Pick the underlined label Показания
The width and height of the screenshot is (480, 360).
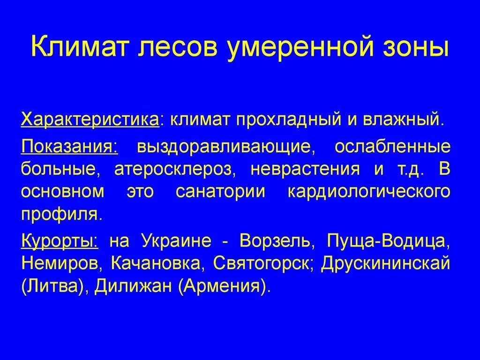[69, 146]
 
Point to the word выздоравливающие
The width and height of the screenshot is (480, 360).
[224, 146]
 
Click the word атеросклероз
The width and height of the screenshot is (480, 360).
[175, 169]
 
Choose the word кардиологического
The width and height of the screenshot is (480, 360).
[367, 192]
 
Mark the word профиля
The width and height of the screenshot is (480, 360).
[60, 215]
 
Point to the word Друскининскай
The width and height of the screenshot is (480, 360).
[385, 263]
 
